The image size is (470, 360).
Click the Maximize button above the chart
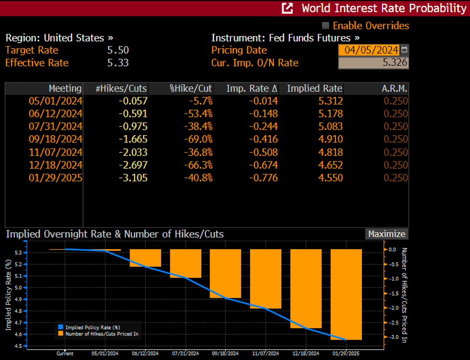(x=387, y=234)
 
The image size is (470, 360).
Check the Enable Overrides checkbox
(x=325, y=26)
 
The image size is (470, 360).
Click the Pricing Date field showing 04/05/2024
(x=369, y=50)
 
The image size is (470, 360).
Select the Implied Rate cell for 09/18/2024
(x=331, y=139)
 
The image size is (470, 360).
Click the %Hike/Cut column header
(x=190, y=89)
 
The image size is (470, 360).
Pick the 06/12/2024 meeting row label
(x=55, y=114)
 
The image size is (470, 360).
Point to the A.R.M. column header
(x=394, y=89)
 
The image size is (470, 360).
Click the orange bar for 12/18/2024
(x=305, y=288)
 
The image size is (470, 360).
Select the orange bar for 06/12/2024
(x=145, y=258)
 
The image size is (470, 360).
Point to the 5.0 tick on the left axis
(x=18, y=288)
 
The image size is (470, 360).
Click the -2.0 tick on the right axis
(x=392, y=308)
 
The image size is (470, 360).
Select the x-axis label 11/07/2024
(x=265, y=353)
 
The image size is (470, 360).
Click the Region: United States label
(x=59, y=38)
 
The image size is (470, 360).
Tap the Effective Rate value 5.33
(x=118, y=63)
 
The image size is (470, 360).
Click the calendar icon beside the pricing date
(x=405, y=50)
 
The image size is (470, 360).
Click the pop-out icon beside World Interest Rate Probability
(x=288, y=8)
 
